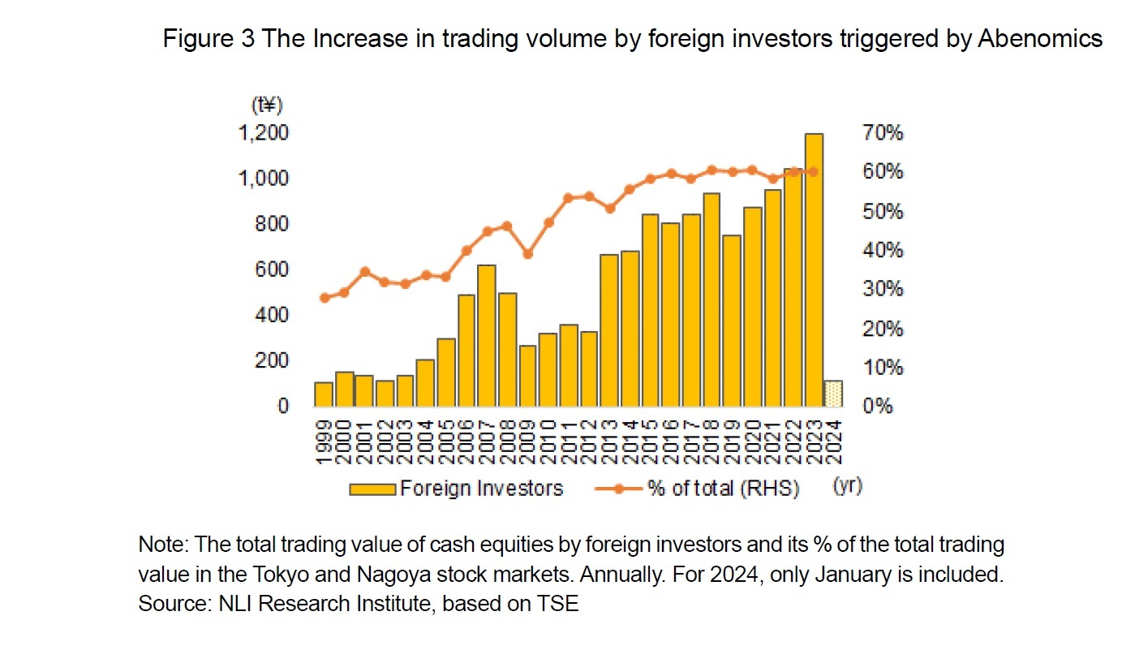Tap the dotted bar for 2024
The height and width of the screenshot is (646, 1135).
coord(833,393)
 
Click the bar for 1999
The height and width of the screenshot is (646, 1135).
coord(323,394)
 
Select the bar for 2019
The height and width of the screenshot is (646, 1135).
coord(732,321)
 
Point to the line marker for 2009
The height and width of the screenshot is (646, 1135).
coord(527,254)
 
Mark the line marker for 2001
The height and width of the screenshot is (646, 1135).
coord(364,271)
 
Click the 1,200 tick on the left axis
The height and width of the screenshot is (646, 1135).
coord(261,132)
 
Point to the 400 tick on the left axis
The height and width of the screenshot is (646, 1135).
coord(272,315)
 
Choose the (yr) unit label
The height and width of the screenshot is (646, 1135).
coord(847,487)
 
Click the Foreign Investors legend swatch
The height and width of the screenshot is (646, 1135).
coord(372,489)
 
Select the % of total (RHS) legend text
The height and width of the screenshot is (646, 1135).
coord(723,489)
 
